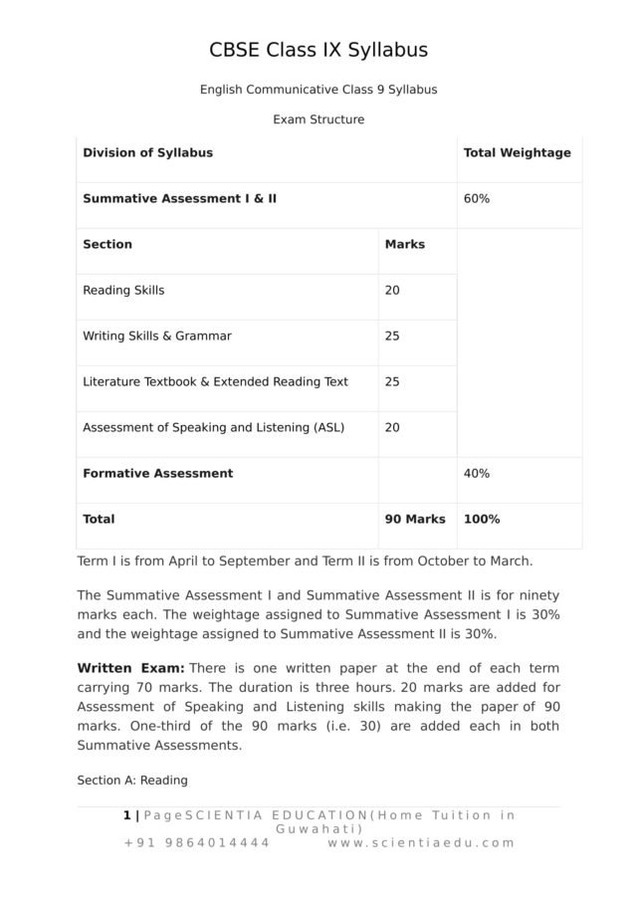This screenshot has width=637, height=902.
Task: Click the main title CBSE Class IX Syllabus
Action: click(318, 50)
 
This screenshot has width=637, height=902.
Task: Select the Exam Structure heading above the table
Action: click(318, 119)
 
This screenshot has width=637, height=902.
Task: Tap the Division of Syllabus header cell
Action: click(147, 152)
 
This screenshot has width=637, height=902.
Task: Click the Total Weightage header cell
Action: click(517, 152)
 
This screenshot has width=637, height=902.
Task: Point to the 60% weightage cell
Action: click(477, 198)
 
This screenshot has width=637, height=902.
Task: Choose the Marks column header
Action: click(404, 244)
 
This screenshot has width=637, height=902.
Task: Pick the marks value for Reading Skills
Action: click(392, 290)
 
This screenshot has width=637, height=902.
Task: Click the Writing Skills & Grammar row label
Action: click(157, 336)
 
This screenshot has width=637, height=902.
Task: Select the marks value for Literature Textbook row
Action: click(392, 381)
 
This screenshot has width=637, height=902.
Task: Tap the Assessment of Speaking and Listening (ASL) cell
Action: click(213, 427)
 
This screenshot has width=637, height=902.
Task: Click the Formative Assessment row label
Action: click(157, 473)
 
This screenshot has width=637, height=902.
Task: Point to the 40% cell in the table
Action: click(477, 473)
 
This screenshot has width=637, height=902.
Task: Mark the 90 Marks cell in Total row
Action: click(415, 519)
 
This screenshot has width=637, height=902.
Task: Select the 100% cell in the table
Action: click(482, 519)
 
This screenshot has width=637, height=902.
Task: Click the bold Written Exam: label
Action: click(130, 667)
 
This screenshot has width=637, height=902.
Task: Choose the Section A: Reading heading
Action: click(132, 780)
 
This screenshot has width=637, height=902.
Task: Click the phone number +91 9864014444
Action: click(196, 842)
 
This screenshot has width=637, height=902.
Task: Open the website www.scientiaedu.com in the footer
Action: click(421, 842)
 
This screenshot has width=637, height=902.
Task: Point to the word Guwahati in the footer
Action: click(318, 828)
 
